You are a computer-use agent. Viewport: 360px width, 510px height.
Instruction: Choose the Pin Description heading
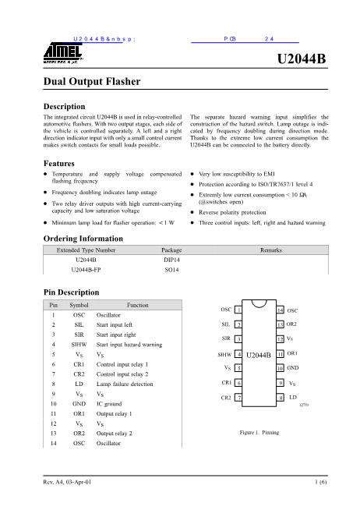(71, 292)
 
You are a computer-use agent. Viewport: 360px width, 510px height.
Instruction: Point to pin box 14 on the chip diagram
(280, 310)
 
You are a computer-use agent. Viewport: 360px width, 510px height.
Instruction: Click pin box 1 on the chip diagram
(238, 310)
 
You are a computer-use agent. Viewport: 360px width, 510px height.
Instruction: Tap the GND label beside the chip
(294, 367)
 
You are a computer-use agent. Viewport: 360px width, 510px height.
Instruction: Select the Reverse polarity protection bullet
(236, 211)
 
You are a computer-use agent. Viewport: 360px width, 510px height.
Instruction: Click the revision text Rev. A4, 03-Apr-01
(67, 484)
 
